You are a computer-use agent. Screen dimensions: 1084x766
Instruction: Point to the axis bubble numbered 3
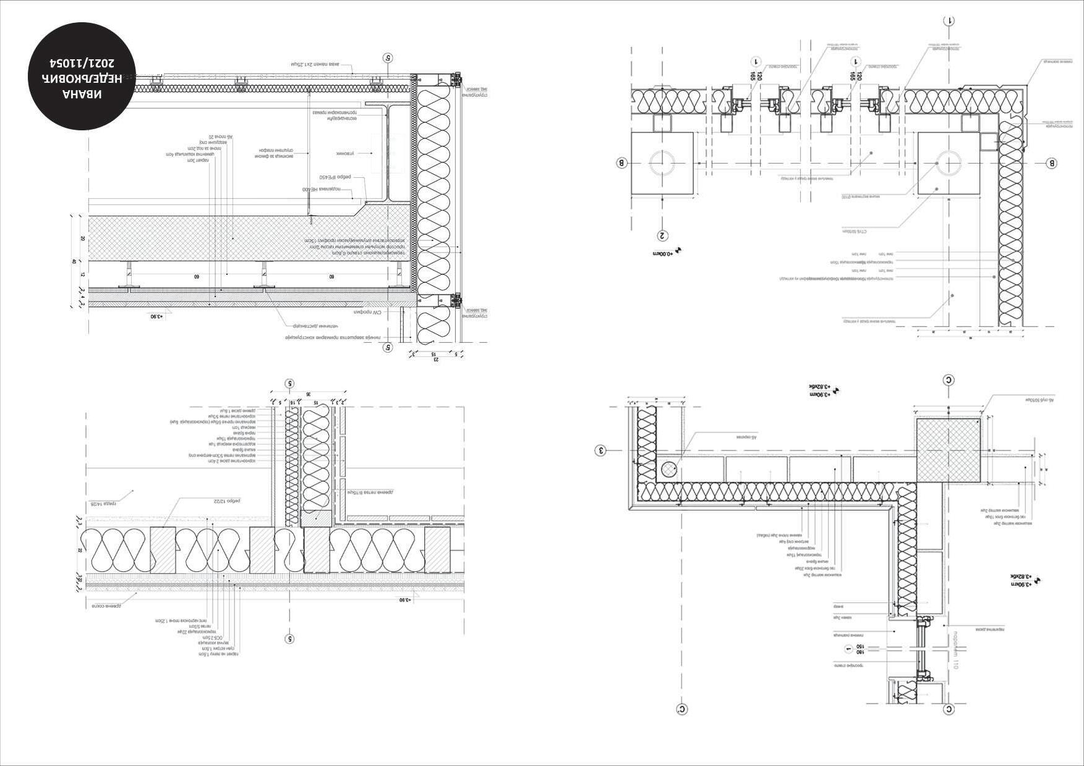[600, 450]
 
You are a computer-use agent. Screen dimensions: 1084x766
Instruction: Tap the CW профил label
[366, 312]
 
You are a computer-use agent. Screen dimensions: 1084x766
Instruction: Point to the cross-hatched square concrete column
[949, 450]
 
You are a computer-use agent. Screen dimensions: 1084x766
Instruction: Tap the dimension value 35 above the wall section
[308, 394]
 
